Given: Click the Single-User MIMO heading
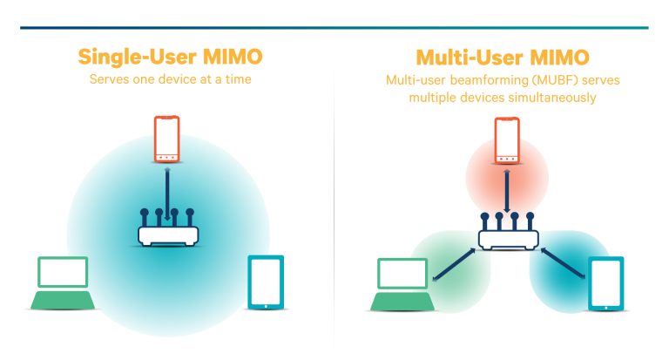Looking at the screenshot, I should (170, 58).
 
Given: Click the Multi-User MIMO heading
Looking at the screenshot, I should (503, 58).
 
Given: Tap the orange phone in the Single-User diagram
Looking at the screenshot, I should (167, 139).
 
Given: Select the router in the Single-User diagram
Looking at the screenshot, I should (167, 230).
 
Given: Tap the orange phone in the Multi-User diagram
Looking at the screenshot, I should (507, 140).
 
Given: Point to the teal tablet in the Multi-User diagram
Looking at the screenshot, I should (605, 283).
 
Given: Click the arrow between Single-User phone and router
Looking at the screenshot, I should (167, 193).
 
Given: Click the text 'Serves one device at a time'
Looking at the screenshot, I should (170, 79).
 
